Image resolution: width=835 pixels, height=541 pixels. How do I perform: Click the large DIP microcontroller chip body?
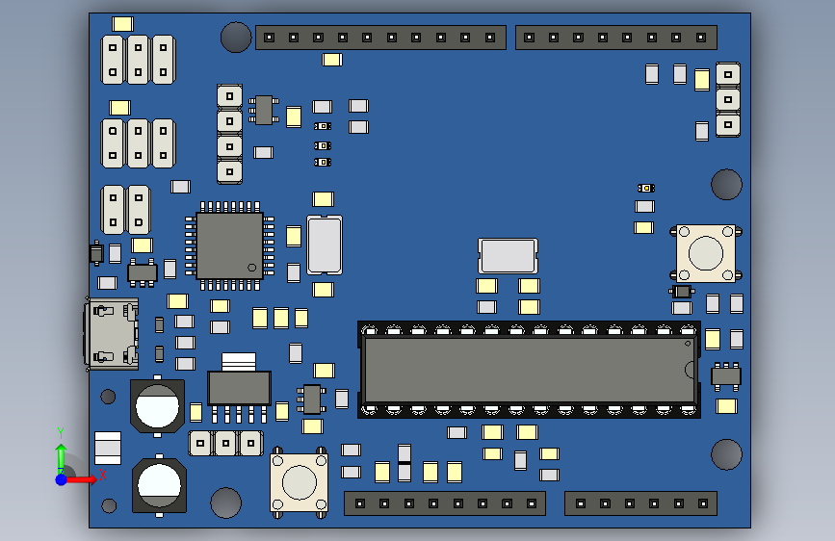coord(528,369)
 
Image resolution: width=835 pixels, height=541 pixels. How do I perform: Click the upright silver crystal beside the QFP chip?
coord(324,245)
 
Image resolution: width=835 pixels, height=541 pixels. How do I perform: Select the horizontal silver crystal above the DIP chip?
coord(508,255)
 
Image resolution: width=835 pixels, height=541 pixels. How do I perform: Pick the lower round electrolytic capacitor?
coord(159,484)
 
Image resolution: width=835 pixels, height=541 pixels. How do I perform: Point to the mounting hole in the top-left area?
coord(236,38)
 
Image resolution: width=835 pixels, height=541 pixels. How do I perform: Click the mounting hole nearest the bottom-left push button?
coord(225,502)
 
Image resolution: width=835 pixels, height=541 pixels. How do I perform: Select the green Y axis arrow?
coord(61,452)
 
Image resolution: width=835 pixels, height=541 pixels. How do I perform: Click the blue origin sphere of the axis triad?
coord(61,478)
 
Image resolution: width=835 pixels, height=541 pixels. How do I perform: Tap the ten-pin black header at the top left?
coord(380,38)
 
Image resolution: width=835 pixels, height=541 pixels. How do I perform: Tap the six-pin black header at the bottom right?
coord(640,503)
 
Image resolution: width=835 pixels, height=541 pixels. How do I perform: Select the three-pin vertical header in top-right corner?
coord(727,100)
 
